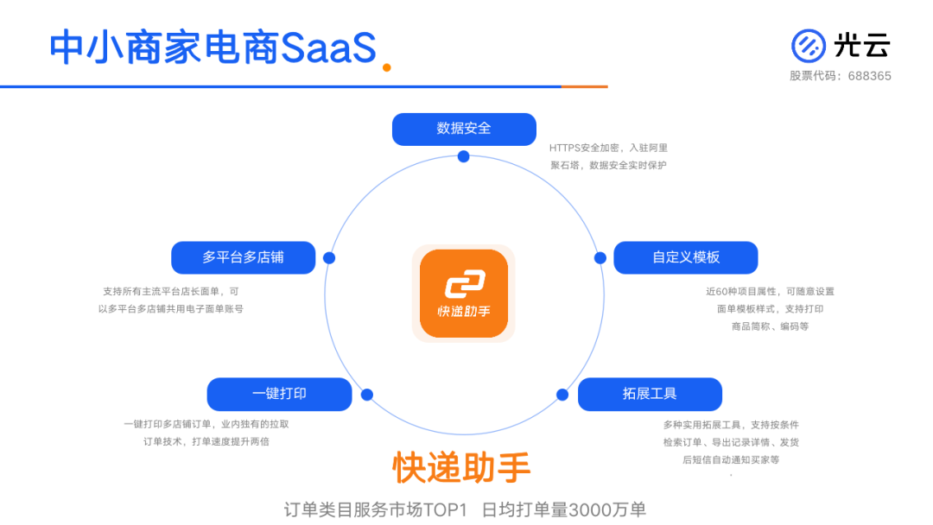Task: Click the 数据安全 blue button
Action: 464,129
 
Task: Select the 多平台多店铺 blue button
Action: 243,257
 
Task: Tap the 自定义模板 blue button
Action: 686,257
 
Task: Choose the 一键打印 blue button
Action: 279,394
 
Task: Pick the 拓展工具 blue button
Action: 650,394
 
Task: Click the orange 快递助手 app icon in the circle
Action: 463,294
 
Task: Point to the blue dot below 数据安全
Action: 464,156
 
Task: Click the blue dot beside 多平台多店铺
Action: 329,257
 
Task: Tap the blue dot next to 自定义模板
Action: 600,257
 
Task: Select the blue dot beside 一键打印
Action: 367,395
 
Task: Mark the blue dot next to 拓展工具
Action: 562,395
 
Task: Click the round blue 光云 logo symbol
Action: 809,46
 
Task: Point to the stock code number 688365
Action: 869,76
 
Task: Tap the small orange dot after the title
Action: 387,67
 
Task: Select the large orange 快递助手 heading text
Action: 462,467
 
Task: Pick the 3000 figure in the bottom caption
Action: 589,509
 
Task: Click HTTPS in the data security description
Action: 565,148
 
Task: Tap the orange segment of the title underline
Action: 584,86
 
